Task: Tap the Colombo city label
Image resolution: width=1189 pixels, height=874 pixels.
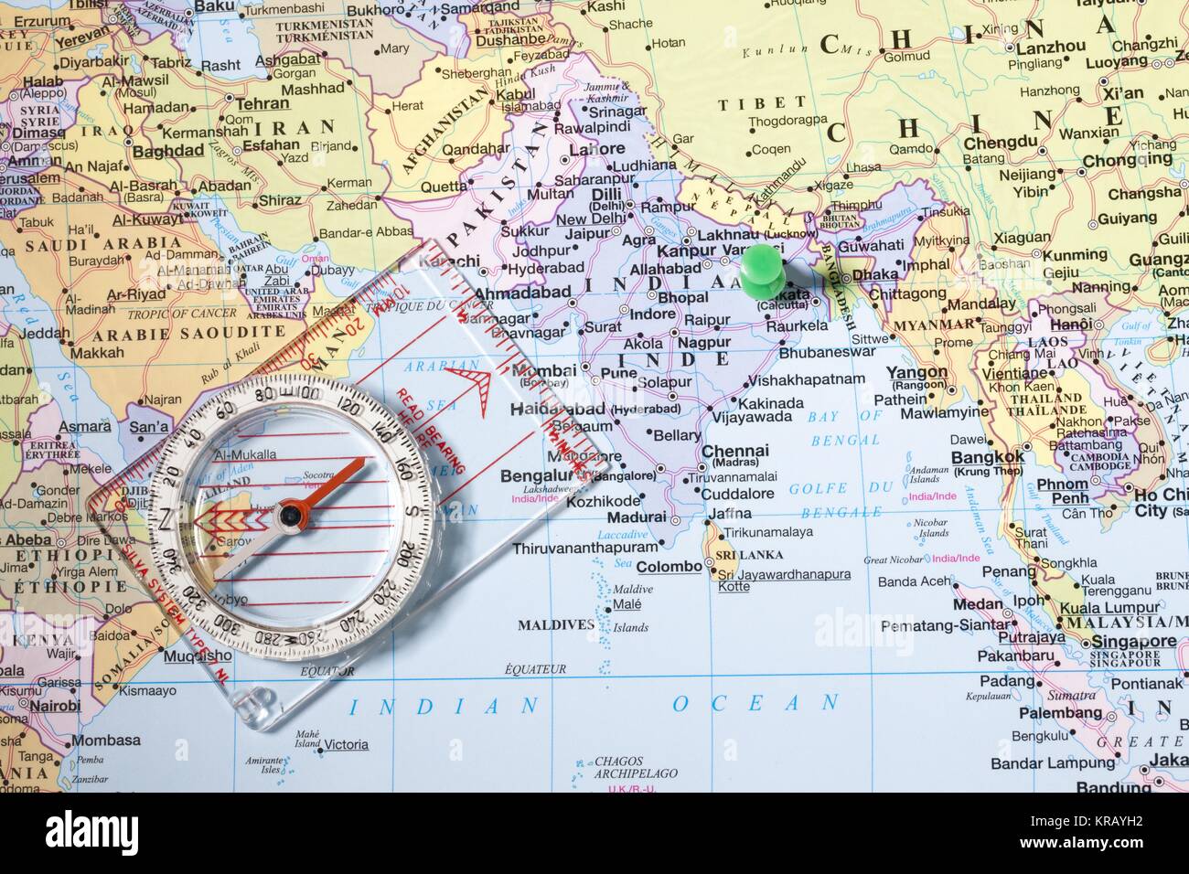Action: [669, 566]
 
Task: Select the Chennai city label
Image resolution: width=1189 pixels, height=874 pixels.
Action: [734, 451]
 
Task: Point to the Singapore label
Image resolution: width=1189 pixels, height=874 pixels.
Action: [1133, 642]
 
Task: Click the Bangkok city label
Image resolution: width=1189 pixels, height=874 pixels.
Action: [988, 457]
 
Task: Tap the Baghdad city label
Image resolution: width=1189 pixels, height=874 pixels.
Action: [167, 150]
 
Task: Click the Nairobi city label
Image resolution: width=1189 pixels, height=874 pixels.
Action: [54, 706]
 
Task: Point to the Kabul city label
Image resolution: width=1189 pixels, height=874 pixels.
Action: [517, 94]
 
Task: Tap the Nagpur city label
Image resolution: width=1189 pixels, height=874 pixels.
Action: [705, 343]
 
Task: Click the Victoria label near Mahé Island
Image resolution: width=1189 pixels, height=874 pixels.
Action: [346, 745]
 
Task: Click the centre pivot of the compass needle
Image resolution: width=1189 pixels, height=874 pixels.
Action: [290, 517]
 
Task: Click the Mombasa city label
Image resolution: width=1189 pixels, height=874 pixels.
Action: [106, 741]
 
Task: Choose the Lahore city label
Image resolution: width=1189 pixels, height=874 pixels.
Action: [596, 149]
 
